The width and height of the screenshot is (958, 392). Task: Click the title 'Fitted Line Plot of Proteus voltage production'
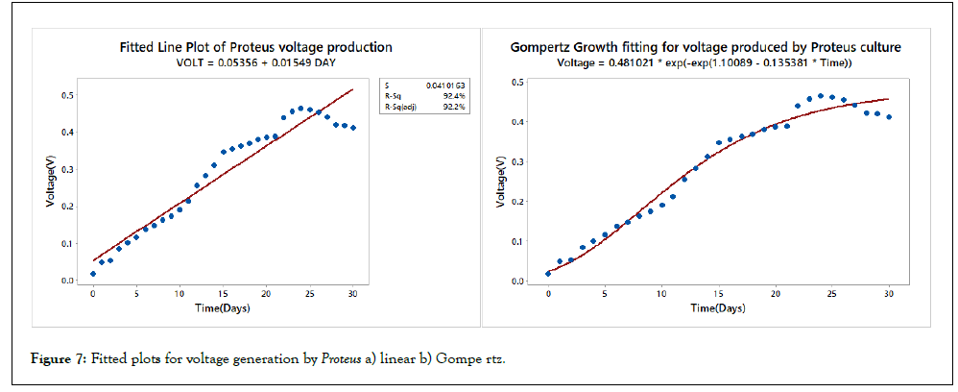click(255, 46)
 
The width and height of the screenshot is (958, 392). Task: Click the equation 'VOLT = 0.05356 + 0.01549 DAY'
click(255, 62)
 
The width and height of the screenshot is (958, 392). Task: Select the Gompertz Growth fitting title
click(706, 46)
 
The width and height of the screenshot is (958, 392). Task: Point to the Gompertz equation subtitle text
click(706, 62)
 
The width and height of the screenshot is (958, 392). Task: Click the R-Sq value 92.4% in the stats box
click(455, 96)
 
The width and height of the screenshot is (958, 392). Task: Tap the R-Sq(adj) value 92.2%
click(455, 107)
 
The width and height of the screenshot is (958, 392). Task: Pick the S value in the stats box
click(446, 86)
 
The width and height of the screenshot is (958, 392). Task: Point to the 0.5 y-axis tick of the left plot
click(67, 95)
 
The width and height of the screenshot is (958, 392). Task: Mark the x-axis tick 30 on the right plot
click(889, 293)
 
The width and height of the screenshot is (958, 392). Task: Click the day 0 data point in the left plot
click(93, 274)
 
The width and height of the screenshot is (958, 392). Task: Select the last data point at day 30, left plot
click(353, 128)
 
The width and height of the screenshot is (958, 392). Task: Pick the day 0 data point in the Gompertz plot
click(548, 274)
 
